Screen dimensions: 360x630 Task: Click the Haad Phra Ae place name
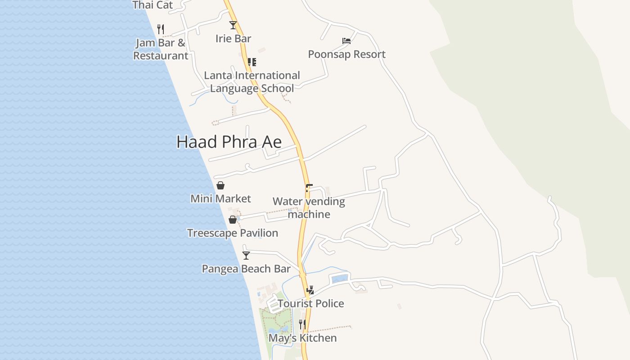click(x=229, y=142)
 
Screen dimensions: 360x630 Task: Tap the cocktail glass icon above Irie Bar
click(x=233, y=25)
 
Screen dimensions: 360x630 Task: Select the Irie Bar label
click(x=233, y=39)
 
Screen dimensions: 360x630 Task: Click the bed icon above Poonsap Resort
click(x=346, y=41)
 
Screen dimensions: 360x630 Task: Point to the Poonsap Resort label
click(x=346, y=54)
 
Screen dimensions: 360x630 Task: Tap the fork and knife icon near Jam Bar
click(x=161, y=29)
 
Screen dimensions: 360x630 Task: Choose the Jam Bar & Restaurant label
click(x=161, y=49)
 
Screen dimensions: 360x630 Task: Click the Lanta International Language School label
click(x=252, y=82)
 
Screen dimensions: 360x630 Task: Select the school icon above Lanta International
click(x=252, y=62)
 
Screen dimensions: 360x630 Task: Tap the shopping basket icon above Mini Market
click(x=220, y=185)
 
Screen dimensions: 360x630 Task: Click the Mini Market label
click(x=220, y=199)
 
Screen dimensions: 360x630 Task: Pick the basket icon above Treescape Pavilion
click(x=233, y=220)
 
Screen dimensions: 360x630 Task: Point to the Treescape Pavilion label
click(x=233, y=233)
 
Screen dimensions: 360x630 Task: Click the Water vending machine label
click(x=309, y=208)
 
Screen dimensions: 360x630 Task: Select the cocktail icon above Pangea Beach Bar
click(x=246, y=256)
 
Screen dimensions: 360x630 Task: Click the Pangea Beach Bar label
click(x=246, y=269)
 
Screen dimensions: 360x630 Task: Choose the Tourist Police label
click(x=310, y=304)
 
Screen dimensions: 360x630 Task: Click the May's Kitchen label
click(x=302, y=338)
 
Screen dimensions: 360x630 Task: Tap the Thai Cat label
click(x=153, y=5)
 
